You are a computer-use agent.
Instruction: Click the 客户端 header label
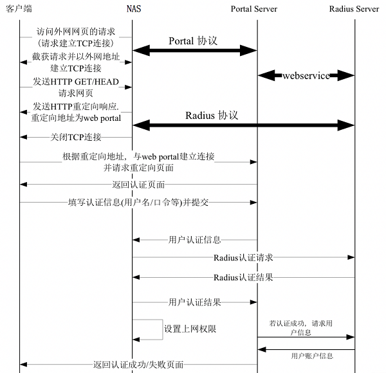coord(19,8)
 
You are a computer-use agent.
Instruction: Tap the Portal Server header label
coord(257,8)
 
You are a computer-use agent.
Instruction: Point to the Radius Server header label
coord(354,8)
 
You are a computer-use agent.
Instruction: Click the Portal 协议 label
coord(193,41)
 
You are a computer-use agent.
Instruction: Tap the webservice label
coord(306,76)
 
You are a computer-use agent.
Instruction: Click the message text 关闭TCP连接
coord(76,137)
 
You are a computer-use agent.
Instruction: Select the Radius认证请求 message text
coord(243,258)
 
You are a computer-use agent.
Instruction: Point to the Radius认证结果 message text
coord(243,277)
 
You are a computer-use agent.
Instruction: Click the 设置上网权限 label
coord(190,329)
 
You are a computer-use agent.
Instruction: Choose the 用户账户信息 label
coord(312,355)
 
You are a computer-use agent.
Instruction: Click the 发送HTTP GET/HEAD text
coord(76,82)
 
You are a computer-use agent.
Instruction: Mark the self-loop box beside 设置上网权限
coord(148,329)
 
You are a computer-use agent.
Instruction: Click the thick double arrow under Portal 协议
coord(195,50)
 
